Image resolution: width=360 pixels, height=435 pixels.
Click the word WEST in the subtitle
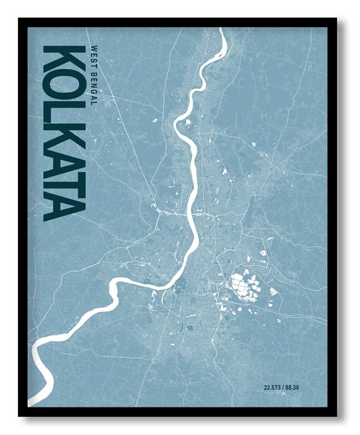click(93, 54)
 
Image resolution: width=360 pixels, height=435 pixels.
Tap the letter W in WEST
click(93, 47)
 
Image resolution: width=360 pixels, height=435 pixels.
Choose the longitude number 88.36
click(292, 387)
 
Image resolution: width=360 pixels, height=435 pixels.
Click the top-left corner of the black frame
click(19, 19)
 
